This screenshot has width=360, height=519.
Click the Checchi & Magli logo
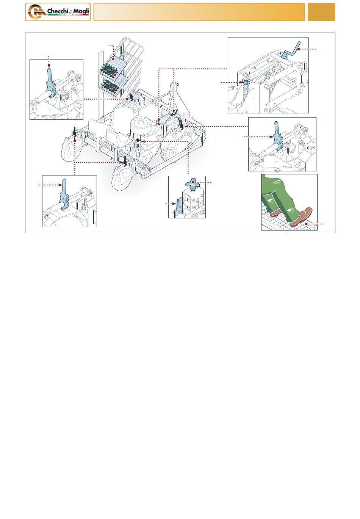[58, 12]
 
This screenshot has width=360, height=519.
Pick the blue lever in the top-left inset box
[51, 83]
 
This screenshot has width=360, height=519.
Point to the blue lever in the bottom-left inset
[64, 194]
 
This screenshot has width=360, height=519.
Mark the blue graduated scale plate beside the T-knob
[179, 207]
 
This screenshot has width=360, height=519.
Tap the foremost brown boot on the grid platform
[301, 217]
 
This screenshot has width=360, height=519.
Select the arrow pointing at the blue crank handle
[306, 49]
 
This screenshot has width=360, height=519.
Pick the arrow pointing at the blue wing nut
[232, 82]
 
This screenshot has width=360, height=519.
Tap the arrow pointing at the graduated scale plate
[171, 204]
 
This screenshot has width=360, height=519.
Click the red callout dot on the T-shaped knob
[193, 182]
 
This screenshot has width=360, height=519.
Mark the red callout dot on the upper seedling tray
[113, 59]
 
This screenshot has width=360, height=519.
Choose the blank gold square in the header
[321, 12]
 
